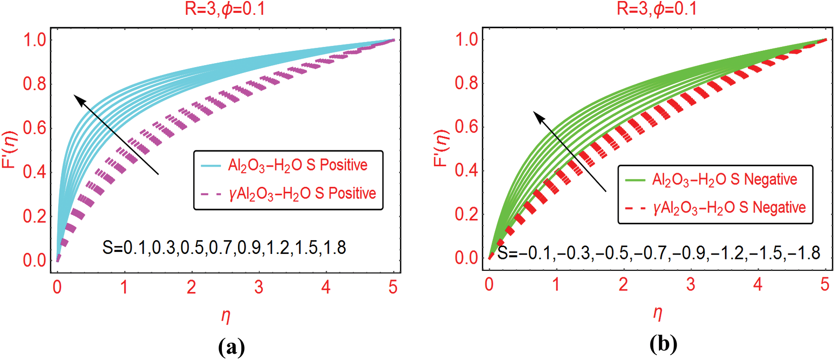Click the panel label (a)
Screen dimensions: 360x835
point(231,347)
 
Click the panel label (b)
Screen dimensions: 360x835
point(663,344)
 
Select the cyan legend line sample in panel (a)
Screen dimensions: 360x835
point(211,166)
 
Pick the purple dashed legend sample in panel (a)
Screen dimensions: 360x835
point(211,194)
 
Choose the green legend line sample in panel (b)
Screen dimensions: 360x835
point(635,180)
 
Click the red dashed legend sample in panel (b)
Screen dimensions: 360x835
point(635,209)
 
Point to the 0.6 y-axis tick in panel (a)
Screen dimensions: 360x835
point(35,128)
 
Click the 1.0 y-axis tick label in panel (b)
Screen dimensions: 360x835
point(466,39)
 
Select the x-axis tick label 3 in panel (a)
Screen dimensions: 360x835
point(258,287)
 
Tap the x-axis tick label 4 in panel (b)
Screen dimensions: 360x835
point(758,285)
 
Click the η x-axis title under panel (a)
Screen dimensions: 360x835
point(226,316)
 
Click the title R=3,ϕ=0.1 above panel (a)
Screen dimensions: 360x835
point(225,9)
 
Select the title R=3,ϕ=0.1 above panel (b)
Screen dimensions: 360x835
point(657,9)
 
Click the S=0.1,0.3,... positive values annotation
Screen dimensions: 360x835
point(224,248)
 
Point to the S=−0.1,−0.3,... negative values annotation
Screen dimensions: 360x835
point(658,252)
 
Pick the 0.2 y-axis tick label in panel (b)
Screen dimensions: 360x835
point(466,215)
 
